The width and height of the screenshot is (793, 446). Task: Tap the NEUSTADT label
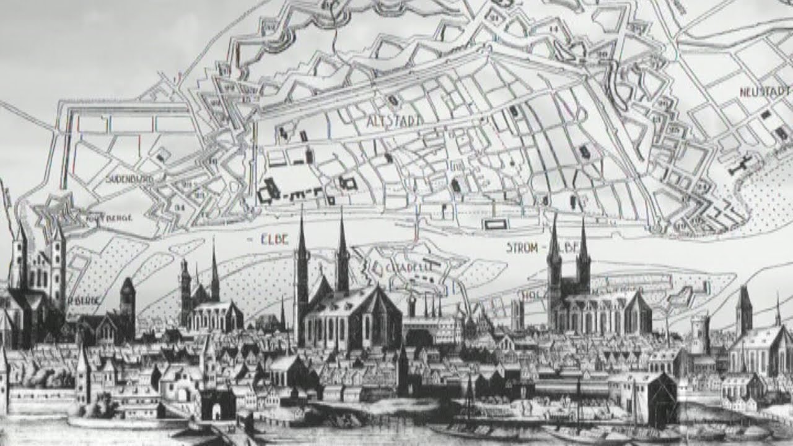765,92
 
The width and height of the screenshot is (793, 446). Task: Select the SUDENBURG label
129,179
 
